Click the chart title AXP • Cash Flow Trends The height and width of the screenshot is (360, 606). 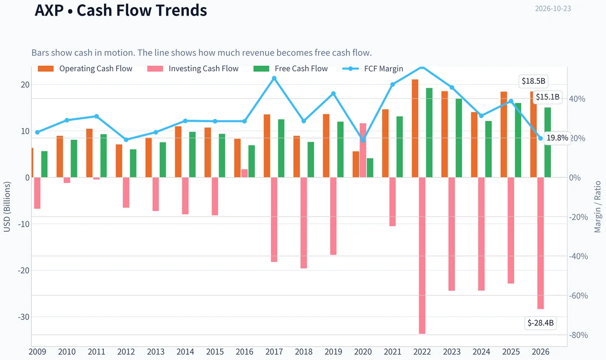[121, 10]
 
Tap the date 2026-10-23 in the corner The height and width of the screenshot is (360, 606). [553, 9]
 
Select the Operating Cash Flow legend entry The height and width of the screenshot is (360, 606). [85, 69]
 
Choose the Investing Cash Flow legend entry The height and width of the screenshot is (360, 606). [192, 69]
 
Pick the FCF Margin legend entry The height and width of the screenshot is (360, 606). [373, 69]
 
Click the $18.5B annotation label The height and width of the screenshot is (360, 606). [533, 81]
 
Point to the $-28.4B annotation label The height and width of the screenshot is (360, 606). [540, 323]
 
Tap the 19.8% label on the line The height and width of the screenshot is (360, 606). [558, 138]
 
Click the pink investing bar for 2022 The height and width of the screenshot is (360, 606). [422, 255]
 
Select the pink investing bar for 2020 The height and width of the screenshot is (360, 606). [363, 150]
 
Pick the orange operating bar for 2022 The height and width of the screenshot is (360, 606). [415, 128]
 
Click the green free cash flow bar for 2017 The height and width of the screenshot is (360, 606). [281, 148]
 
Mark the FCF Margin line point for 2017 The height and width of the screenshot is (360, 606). [274, 78]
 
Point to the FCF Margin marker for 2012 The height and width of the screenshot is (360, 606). [126, 139]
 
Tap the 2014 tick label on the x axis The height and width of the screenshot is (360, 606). [185, 352]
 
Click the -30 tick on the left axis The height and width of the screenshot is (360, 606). [24, 317]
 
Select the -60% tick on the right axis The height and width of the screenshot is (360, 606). [578, 296]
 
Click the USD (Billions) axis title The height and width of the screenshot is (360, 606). [7, 207]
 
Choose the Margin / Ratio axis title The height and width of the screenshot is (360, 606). [597, 207]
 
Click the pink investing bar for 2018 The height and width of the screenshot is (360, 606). [304, 223]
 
